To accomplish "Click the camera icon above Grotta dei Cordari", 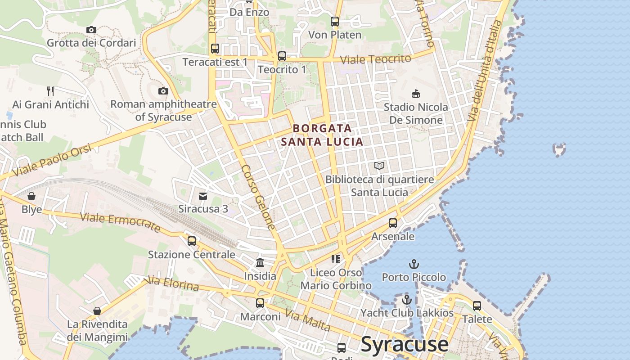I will point(91,30).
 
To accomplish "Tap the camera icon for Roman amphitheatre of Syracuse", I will point(163,91).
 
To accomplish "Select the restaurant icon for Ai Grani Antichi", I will point(50,91).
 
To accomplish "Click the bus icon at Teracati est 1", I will point(215,49).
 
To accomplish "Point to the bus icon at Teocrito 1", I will point(282,56).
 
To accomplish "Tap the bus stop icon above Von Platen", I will point(335,22).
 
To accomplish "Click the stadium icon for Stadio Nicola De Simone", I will point(416,94).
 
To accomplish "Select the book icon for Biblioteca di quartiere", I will point(379,166).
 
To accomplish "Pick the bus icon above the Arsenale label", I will point(393,223).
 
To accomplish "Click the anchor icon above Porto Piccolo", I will point(414,264).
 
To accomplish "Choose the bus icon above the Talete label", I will point(477,306).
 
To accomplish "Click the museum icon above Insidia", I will point(260,263).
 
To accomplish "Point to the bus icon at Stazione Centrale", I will point(192,241).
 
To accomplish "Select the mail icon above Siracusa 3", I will point(203,196).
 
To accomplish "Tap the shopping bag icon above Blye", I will point(31,196).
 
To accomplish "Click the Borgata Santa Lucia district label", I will point(322,135).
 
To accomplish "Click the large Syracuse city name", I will point(405,344).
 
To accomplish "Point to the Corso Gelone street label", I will point(258,197).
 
